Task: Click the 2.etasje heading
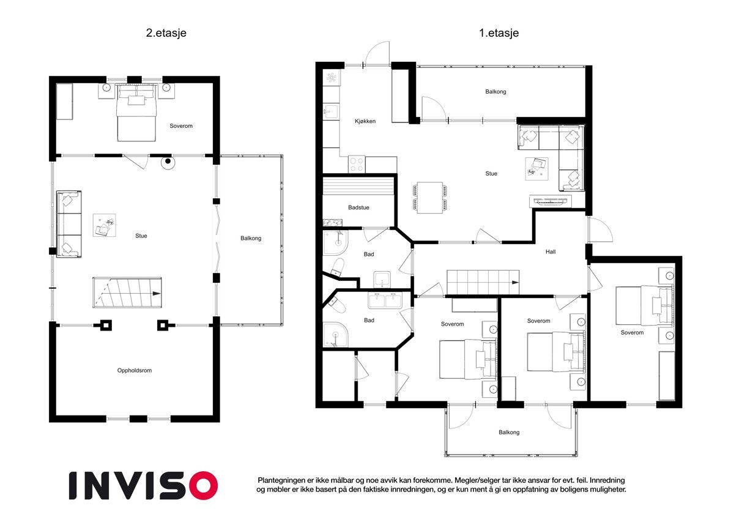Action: coord(166,33)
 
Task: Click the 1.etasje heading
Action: coord(499,33)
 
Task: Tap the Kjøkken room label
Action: coord(365,121)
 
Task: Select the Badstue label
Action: coord(358,207)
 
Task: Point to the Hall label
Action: coord(550,252)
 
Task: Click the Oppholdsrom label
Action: coord(135,370)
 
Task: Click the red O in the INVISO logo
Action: coord(204,485)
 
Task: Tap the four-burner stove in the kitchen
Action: coord(357,165)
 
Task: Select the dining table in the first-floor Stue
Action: coord(430,198)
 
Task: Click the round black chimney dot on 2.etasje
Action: coord(168,161)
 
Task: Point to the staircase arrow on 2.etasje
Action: coord(157,293)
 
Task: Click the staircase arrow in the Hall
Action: coord(515,282)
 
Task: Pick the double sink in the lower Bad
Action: coord(385,301)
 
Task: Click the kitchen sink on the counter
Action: coord(331,112)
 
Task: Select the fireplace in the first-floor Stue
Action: coord(550,201)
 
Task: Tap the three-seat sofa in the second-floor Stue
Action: coord(69,224)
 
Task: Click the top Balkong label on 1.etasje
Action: coord(495,92)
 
